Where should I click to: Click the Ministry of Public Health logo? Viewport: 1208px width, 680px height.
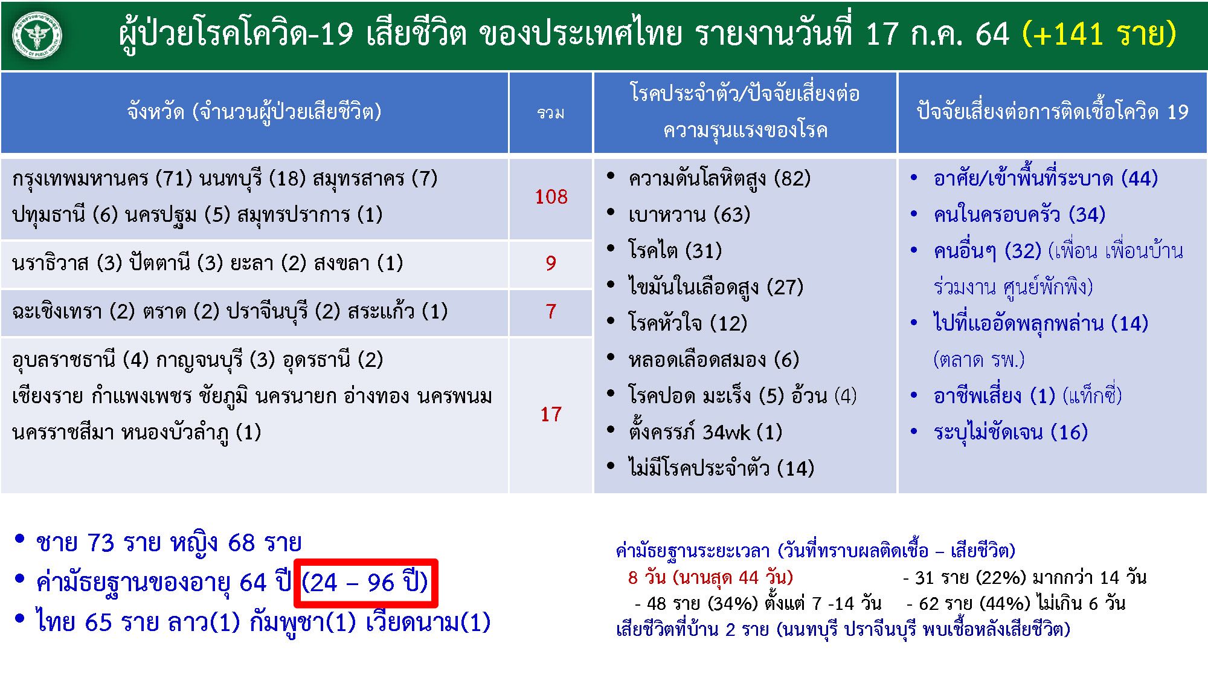click(37, 36)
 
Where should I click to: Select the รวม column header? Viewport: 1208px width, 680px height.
click(550, 113)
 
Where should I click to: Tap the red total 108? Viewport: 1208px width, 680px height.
click(551, 196)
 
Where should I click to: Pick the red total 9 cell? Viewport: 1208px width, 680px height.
click(551, 263)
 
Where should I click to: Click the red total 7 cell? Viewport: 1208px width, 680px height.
click(551, 311)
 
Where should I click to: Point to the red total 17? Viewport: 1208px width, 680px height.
click(551, 414)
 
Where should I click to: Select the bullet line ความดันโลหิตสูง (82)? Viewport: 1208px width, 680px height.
click(719, 178)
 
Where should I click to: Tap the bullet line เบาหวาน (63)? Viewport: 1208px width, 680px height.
click(689, 215)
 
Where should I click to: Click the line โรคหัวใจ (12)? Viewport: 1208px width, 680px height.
click(687, 323)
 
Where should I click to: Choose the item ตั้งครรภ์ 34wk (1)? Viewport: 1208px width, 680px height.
click(705, 432)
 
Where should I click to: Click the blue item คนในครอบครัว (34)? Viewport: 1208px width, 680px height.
click(1019, 215)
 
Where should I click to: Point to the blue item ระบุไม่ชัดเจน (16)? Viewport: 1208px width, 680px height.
click(1010, 432)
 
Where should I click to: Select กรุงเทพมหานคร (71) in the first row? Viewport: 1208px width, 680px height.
click(102, 178)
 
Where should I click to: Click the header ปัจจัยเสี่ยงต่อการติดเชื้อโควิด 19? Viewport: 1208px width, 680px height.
click(1052, 112)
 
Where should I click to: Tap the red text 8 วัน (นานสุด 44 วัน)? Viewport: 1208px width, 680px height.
click(710, 577)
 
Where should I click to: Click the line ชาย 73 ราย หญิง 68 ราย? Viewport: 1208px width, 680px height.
click(169, 543)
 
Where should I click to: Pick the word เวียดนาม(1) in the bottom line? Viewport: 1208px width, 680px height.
click(428, 623)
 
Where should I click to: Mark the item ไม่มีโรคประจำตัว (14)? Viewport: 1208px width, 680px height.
click(721, 468)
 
